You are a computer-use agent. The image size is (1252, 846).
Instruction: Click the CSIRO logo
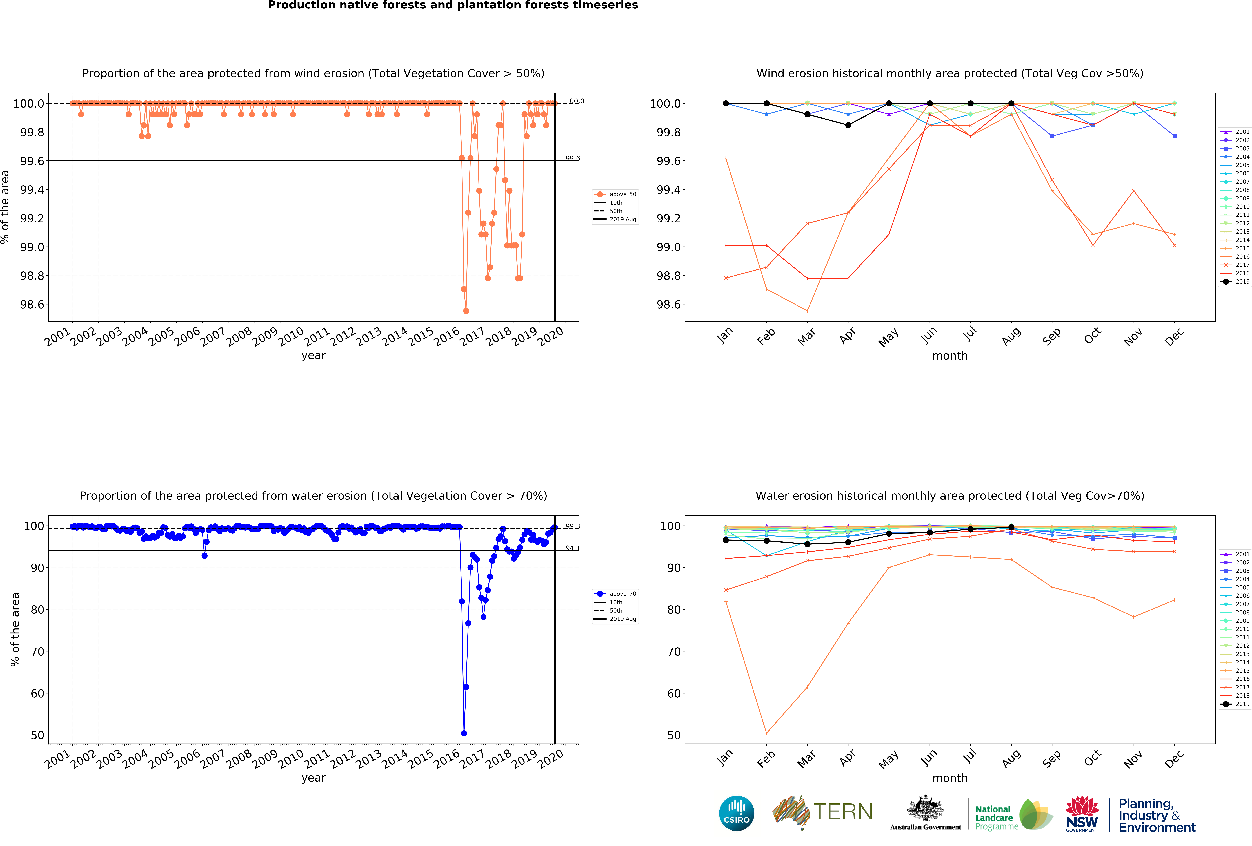pos(736,813)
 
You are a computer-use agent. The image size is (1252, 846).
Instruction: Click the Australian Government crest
pos(925,808)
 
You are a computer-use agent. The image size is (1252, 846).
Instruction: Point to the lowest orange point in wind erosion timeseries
pos(466,311)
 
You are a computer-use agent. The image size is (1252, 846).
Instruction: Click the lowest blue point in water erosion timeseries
pos(464,733)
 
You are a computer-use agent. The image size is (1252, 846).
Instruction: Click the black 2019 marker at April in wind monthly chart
pos(848,125)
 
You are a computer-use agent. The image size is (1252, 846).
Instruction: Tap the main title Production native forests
pos(453,5)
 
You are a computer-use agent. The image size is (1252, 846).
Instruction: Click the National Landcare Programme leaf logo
pos(1035,814)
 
